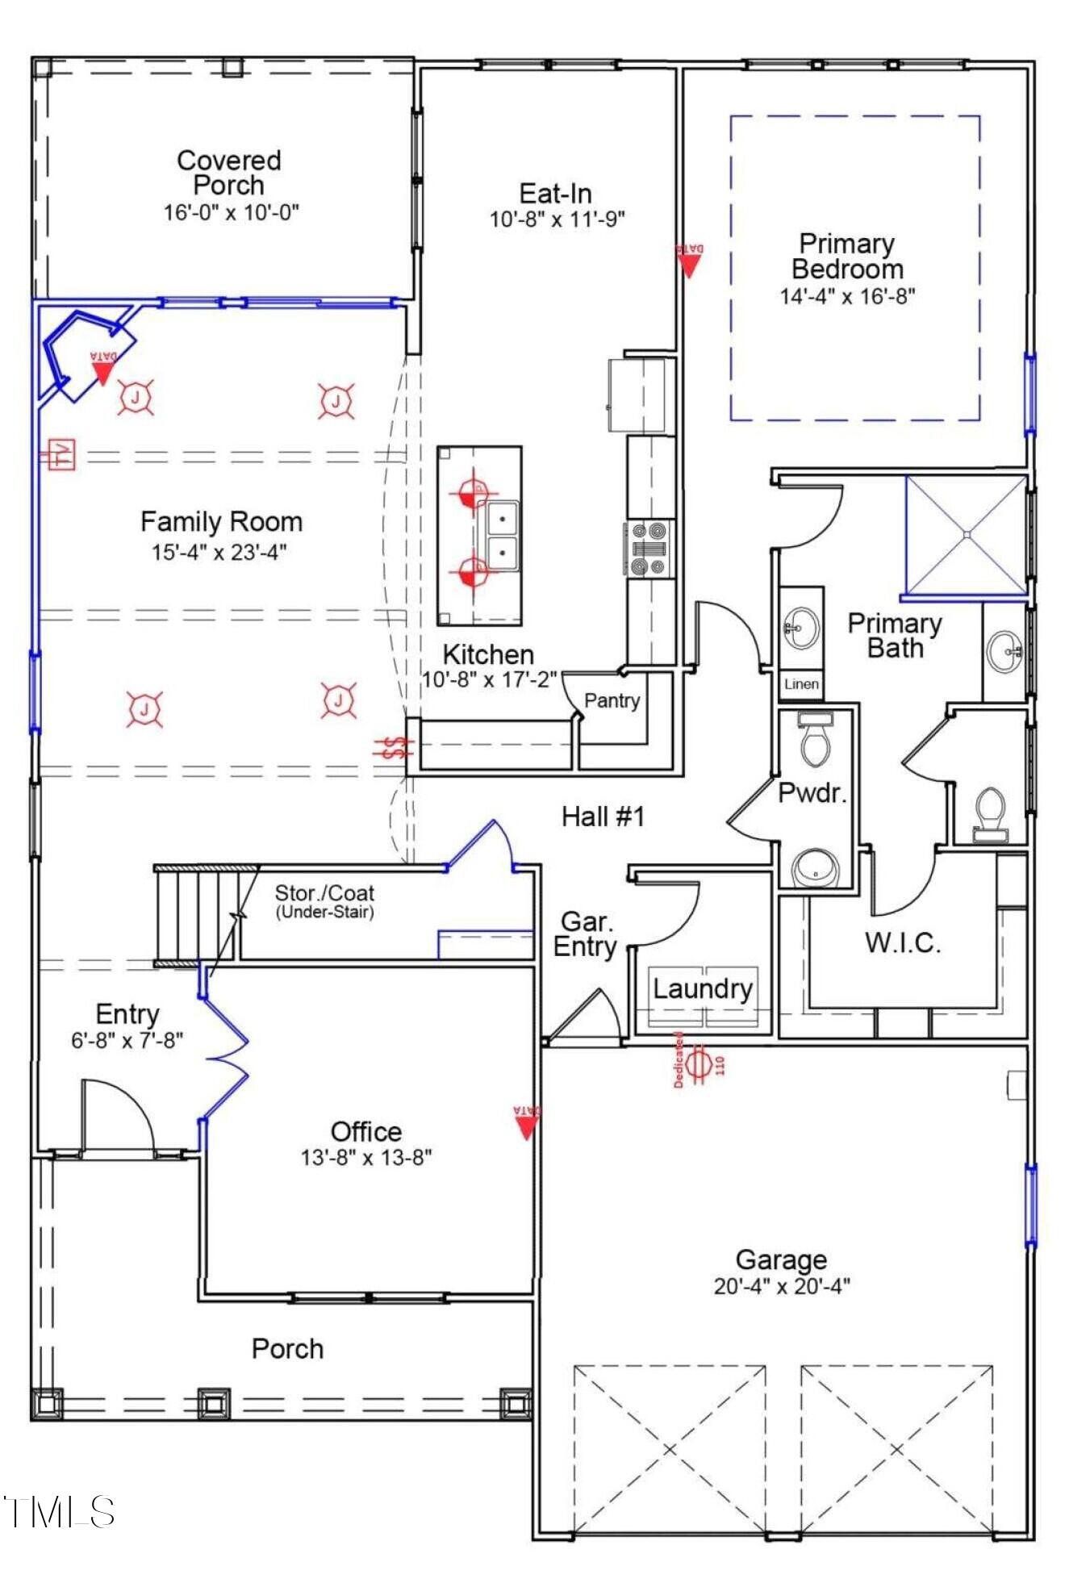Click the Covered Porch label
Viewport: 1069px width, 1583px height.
pyautogui.click(x=229, y=173)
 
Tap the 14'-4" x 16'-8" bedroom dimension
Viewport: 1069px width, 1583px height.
pyautogui.click(x=847, y=296)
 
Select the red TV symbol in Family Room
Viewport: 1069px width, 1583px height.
pyautogui.click(x=60, y=454)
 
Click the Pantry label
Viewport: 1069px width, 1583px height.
pyautogui.click(x=612, y=700)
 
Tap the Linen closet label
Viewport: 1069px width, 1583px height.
pyautogui.click(x=801, y=683)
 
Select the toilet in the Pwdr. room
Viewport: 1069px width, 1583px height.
pyautogui.click(x=815, y=741)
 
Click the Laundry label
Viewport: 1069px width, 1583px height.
pyautogui.click(x=702, y=988)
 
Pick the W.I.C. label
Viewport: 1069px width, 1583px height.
pyautogui.click(x=903, y=942)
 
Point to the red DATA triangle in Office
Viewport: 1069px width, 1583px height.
pyautogui.click(x=526, y=1123)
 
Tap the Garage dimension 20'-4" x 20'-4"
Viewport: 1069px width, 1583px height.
pyautogui.click(x=781, y=1286)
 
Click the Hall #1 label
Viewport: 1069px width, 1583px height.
pyautogui.click(x=603, y=817)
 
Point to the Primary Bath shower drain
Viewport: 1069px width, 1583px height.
pyautogui.click(x=967, y=534)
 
